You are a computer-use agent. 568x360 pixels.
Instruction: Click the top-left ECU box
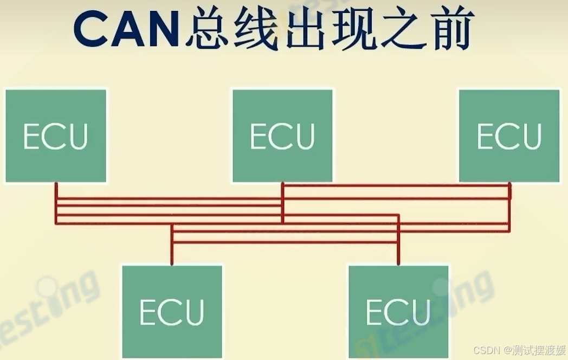point(56,136)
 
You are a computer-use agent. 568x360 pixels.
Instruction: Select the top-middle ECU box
point(282,136)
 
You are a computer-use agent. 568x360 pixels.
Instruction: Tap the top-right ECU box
point(509,136)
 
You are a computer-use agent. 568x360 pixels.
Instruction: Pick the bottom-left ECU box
point(172,311)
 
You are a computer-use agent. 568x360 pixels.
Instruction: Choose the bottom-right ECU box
point(398,311)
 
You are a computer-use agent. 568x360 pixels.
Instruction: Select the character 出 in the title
point(302,30)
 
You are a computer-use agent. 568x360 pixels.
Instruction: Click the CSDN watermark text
point(485,350)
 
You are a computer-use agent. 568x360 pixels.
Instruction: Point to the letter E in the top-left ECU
point(32,136)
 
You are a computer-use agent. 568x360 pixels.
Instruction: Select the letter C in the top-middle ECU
point(282,136)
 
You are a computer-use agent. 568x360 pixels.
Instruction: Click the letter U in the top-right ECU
point(531,136)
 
